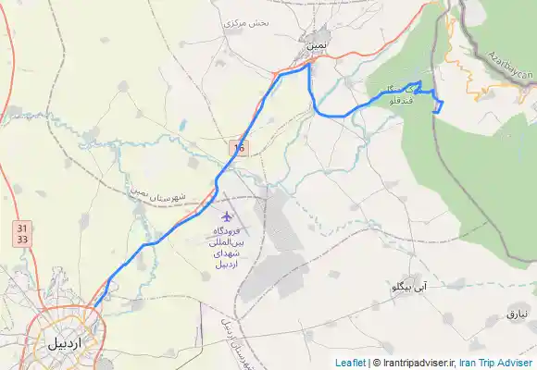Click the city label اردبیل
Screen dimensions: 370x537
click(69, 342)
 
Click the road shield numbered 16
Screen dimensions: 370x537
click(240, 146)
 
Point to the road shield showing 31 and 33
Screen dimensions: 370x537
click(21, 233)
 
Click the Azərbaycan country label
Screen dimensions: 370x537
click(510, 61)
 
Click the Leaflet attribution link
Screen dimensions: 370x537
click(350, 363)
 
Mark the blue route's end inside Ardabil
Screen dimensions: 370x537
click(93, 307)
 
